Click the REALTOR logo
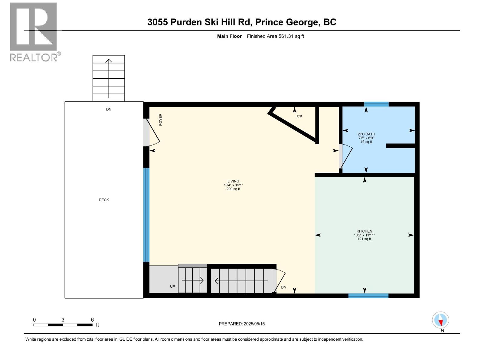(x=34, y=32)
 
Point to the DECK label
(x=104, y=200)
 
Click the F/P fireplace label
(x=299, y=116)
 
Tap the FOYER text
(x=161, y=119)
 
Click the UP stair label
(x=172, y=286)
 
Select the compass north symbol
(x=440, y=320)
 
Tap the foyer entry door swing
(x=153, y=132)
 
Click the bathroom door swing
(x=345, y=156)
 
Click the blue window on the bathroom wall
(x=376, y=104)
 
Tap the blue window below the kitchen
(x=368, y=296)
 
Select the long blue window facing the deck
(x=146, y=215)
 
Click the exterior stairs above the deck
(x=109, y=78)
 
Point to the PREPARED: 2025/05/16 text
(x=242, y=324)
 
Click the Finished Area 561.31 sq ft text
(x=275, y=36)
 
